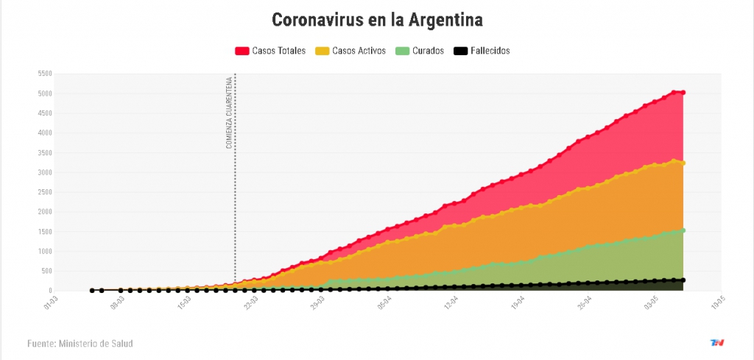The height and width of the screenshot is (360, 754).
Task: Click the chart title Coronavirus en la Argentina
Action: pos(377,20)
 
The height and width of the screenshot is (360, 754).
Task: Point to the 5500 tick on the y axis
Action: pos(43,74)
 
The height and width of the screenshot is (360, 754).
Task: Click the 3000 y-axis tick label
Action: pos(43,172)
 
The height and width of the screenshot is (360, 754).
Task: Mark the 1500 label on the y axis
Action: pos(43,231)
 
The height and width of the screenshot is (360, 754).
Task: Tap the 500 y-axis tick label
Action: pos(45,271)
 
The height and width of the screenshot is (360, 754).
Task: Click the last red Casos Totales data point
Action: pos(683,93)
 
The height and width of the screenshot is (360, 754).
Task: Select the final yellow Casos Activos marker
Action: pos(683,163)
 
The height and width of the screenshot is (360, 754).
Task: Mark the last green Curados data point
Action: pos(683,230)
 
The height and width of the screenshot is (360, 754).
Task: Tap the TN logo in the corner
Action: pos(716,343)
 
